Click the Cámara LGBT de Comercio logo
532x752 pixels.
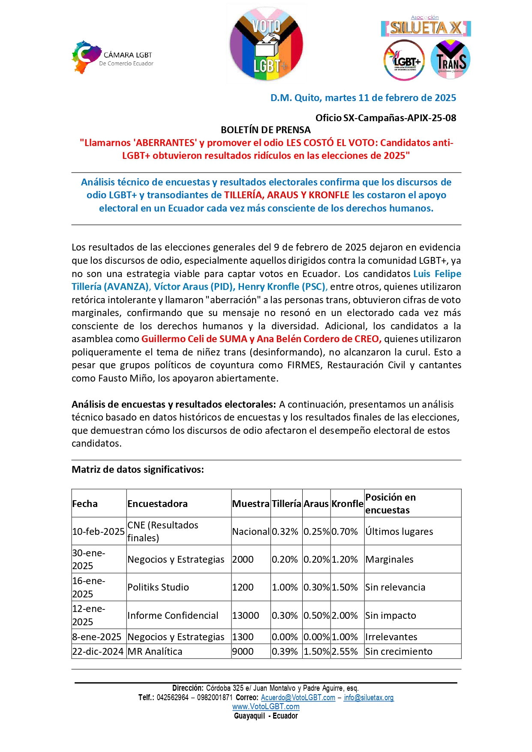tap(112, 57)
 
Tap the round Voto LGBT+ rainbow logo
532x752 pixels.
tap(266, 44)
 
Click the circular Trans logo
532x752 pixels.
tap(451, 60)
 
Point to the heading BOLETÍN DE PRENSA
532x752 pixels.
tap(265, 130)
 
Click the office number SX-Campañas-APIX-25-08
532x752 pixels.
tap(400, 118)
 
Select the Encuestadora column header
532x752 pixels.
tap(157, 504)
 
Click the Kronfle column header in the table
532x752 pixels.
tap(347, 504)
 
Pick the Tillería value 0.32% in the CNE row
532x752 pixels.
tap(285, 531)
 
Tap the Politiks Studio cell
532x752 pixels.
tap(158, 587)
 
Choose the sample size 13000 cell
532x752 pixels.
tap(246, 615)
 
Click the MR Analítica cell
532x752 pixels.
tap(155, 651)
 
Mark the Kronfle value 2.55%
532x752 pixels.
tap(345, 651)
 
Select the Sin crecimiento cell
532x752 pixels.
tap(399, 651)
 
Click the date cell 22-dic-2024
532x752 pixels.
tap(98, 651)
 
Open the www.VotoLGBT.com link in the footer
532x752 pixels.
tap(266, 707)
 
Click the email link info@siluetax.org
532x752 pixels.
tap(369, 698)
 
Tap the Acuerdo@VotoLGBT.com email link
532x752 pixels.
tap(298, 698)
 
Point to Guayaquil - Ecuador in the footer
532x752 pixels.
tap(266, 716)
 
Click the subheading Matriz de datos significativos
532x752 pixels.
tap(138, 469)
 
